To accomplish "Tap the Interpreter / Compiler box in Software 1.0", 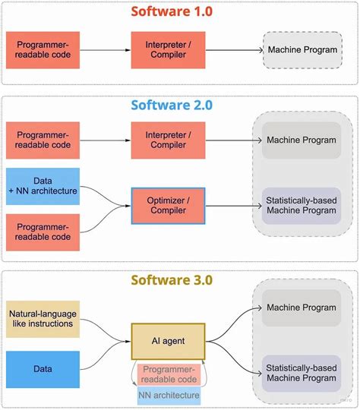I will click(x=168, y=50).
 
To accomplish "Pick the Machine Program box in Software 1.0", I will click(x=302, y=50).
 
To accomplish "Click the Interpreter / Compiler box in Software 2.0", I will click(x=168, y=140).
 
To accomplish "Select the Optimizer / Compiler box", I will click(x=168, y=205).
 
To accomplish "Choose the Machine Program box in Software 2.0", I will click(x=302, y=140).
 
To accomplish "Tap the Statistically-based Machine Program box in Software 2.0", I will click(x=302, y=205).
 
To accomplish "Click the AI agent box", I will click(x=168, y=340).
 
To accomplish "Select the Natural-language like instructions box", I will click(x=43, y=318).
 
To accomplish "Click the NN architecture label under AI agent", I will click(x=169, y=395).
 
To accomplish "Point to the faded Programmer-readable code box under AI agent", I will click(x=169, y=374).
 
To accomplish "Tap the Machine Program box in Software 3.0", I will click(x=302, y=307).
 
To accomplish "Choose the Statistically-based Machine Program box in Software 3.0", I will click(x=302, y=372).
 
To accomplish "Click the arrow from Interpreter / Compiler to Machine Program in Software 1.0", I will click(x=233, y=50).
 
